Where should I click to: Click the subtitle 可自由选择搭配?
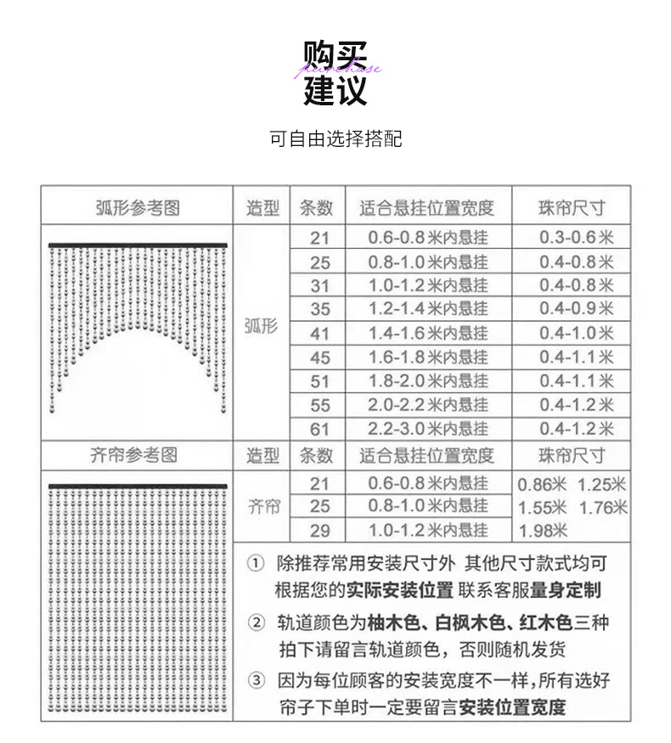click(335, 138)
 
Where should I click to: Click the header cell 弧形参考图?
click(137, 207)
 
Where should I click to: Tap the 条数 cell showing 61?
click(319, 429)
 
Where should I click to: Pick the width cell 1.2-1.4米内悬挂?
click(427, 309)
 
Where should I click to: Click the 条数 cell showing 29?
click(319, 531)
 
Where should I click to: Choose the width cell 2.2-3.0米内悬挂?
click(427, 429)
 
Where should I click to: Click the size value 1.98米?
click(543, 532)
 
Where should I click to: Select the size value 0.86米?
click(543, 485)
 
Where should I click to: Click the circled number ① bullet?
click(256, 564)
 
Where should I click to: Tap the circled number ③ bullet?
click(256, 681)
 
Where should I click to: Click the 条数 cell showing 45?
click(319, 357)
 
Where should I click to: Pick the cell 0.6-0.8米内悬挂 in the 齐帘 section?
click(427, 484)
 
